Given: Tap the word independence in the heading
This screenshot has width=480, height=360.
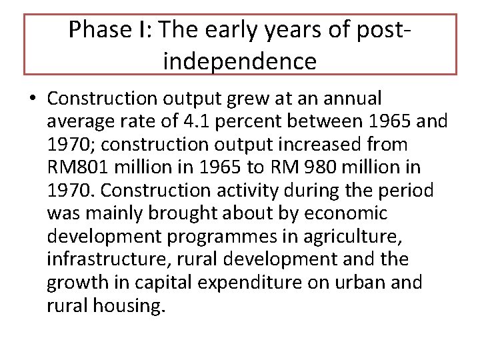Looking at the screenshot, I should (240, 61).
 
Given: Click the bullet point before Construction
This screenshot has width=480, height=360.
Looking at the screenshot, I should (32, 99).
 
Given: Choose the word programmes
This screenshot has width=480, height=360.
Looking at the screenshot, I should (221, 236).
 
